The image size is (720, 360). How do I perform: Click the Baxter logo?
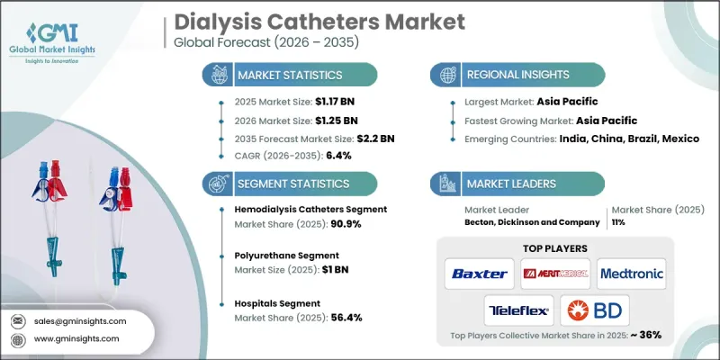click(478, 272)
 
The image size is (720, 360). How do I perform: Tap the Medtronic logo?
click(630, 272)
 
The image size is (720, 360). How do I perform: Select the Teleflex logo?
click(518, 311)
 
